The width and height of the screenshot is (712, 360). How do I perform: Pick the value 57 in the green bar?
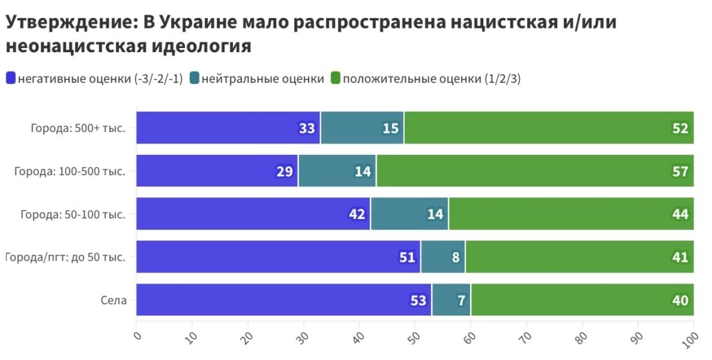tap(680, 172)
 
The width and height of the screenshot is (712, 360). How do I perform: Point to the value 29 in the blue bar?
tap(284, 172)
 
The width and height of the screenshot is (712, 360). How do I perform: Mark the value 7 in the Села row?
tap(462, 301)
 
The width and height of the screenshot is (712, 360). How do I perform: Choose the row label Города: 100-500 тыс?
tap(70, 171)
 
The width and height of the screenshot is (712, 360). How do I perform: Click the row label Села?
tap(113, 300)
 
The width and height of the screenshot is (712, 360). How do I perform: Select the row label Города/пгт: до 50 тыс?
tap(65, 257)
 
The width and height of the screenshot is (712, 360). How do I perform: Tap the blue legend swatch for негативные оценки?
tap(10, 79)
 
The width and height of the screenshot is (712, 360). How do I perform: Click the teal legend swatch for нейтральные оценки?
tap(194, 79)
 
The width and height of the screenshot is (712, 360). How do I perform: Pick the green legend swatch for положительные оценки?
tap(336, 79)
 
